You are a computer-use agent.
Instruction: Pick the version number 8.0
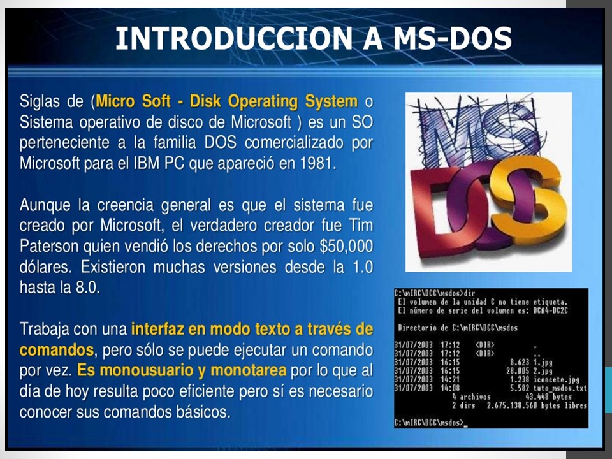click(88, 287)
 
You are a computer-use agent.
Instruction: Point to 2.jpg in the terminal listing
click(543, 370)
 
